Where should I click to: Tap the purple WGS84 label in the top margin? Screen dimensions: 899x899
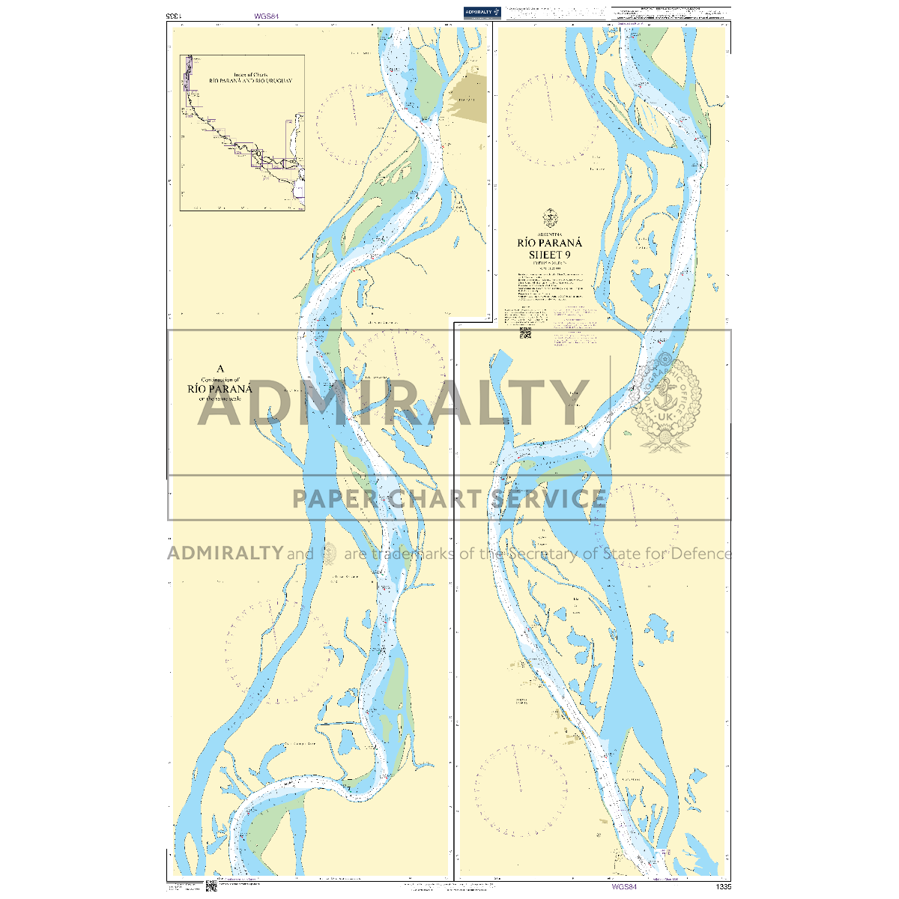[266, 16]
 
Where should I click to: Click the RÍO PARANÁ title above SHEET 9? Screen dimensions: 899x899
[550, 243]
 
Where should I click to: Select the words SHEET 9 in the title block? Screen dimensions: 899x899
[550, 254]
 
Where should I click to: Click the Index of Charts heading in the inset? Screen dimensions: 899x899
[250, 74]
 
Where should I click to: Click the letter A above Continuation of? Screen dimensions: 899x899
[220, 369]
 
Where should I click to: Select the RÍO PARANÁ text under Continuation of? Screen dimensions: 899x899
[220, 389]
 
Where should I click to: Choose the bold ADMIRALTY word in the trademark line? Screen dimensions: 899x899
[225, 554]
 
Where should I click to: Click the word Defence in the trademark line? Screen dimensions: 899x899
[700, 554]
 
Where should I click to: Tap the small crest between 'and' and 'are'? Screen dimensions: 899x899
[329, 554]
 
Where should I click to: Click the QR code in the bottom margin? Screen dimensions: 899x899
[211, 887]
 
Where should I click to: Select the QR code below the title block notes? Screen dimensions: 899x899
[525, 333]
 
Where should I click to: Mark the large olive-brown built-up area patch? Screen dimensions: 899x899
[467, 101]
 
